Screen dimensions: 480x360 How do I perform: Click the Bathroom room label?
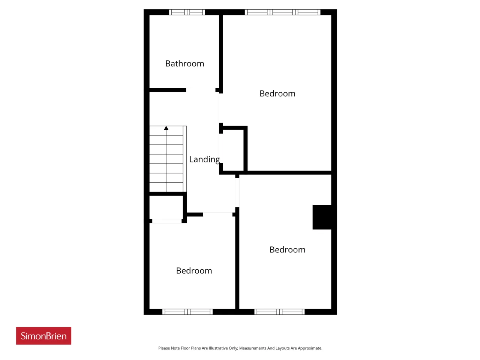point(184,64)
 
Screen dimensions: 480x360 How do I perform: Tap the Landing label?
point(204,160)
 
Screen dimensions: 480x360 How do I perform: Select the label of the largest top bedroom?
point(277,93)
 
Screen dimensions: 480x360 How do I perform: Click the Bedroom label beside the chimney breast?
point(287,250)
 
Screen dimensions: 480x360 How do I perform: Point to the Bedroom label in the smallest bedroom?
point(194,271)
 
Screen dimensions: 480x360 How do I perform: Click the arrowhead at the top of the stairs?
point(166,128)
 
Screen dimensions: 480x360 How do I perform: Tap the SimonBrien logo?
point(43,336)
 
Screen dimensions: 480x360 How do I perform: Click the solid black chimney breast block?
point(322,217)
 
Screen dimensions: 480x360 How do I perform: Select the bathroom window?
point(187,12)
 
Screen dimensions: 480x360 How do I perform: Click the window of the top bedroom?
point(282,12)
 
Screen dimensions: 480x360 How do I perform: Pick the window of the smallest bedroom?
point(187,312)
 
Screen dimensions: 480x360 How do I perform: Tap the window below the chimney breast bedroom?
point(279,312)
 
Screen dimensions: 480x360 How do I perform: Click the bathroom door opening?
point(201,90)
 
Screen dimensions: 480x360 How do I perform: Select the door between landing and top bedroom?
point(221,108)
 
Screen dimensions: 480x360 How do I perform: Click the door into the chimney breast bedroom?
point(237,192)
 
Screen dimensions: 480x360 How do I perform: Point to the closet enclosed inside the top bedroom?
point(233,150)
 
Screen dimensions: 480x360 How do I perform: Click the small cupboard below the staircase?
point(166,207)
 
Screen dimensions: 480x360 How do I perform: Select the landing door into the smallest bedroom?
point(218,214)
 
